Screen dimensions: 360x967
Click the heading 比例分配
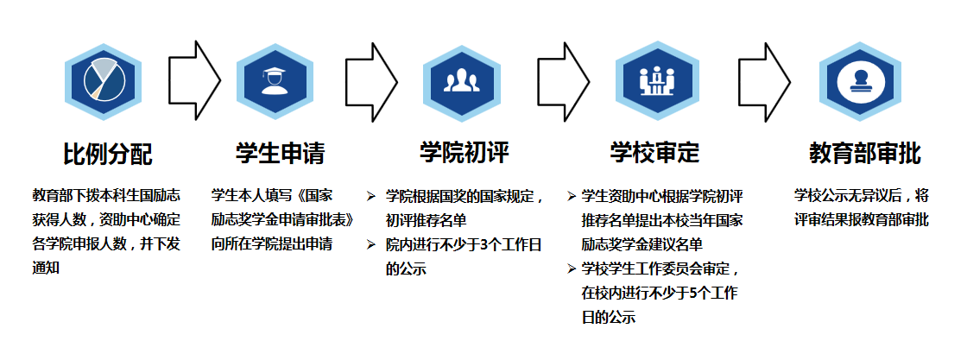pos(107,155)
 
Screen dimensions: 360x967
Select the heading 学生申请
pos(281,153)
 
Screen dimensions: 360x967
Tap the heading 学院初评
pos(464,153)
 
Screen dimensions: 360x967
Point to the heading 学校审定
pos(654,153)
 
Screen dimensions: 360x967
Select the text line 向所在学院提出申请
pos(272,244)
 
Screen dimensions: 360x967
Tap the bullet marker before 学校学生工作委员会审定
pos(572,268)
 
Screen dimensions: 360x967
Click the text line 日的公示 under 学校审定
pos(609,317)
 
